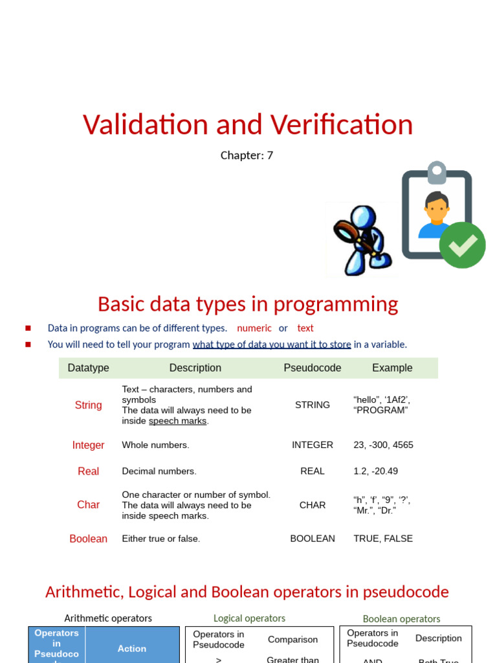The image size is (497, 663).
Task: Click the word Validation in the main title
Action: point(146,125)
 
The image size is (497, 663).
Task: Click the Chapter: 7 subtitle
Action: point(247,155)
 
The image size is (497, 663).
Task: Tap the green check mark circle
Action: point(462,245)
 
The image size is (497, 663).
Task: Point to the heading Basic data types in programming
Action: point(248,304)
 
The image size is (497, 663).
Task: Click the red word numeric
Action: point(254,328)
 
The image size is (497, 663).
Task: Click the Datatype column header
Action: point(88,368)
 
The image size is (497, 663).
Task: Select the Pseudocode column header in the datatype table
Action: point(312,368)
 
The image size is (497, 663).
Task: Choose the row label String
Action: point(88,405)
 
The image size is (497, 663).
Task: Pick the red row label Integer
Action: point(88,445)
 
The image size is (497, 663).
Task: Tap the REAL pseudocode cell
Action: point(312,471)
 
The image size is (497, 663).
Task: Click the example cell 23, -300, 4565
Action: point(383,445)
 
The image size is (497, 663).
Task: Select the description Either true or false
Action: point(161,539)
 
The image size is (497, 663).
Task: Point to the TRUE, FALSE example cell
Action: point(383,539)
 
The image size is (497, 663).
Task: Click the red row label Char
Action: point(88,505)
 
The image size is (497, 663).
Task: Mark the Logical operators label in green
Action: point(249,618)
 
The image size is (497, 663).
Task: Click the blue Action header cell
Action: point(132,648)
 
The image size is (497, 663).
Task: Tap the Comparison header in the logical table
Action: point(293,640)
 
